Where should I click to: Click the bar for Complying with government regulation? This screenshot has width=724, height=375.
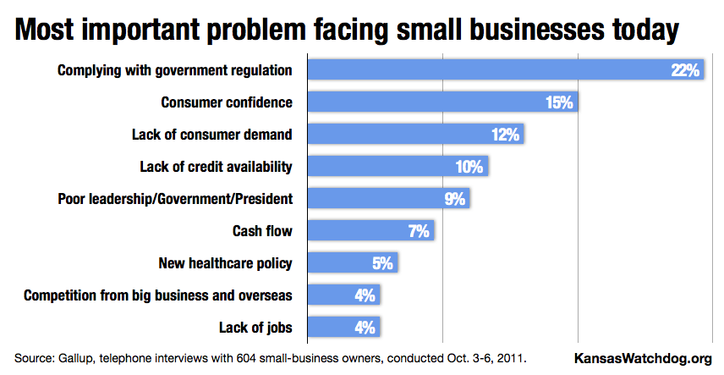coord(505,69)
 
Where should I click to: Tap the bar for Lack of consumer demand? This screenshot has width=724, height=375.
coord(415,134)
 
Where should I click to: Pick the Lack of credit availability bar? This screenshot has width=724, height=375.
coord(398,166)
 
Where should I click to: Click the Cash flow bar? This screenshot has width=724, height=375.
coord(370,230)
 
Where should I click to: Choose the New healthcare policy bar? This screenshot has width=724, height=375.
coord(352,262)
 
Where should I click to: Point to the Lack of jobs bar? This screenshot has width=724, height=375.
coord(343,327)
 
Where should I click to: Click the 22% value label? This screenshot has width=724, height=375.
coord(685,70)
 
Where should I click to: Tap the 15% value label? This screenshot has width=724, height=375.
coord(560,102)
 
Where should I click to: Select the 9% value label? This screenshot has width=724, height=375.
coord(455,199)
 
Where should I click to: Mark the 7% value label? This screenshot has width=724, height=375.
coord(420,231)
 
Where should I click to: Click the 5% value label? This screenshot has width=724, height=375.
coord(383,263)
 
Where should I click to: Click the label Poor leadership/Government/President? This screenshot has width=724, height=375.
coord(175,199)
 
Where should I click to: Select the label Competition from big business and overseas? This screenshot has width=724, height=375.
coord(158,295)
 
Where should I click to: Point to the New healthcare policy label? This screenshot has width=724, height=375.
coord(226,263)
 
